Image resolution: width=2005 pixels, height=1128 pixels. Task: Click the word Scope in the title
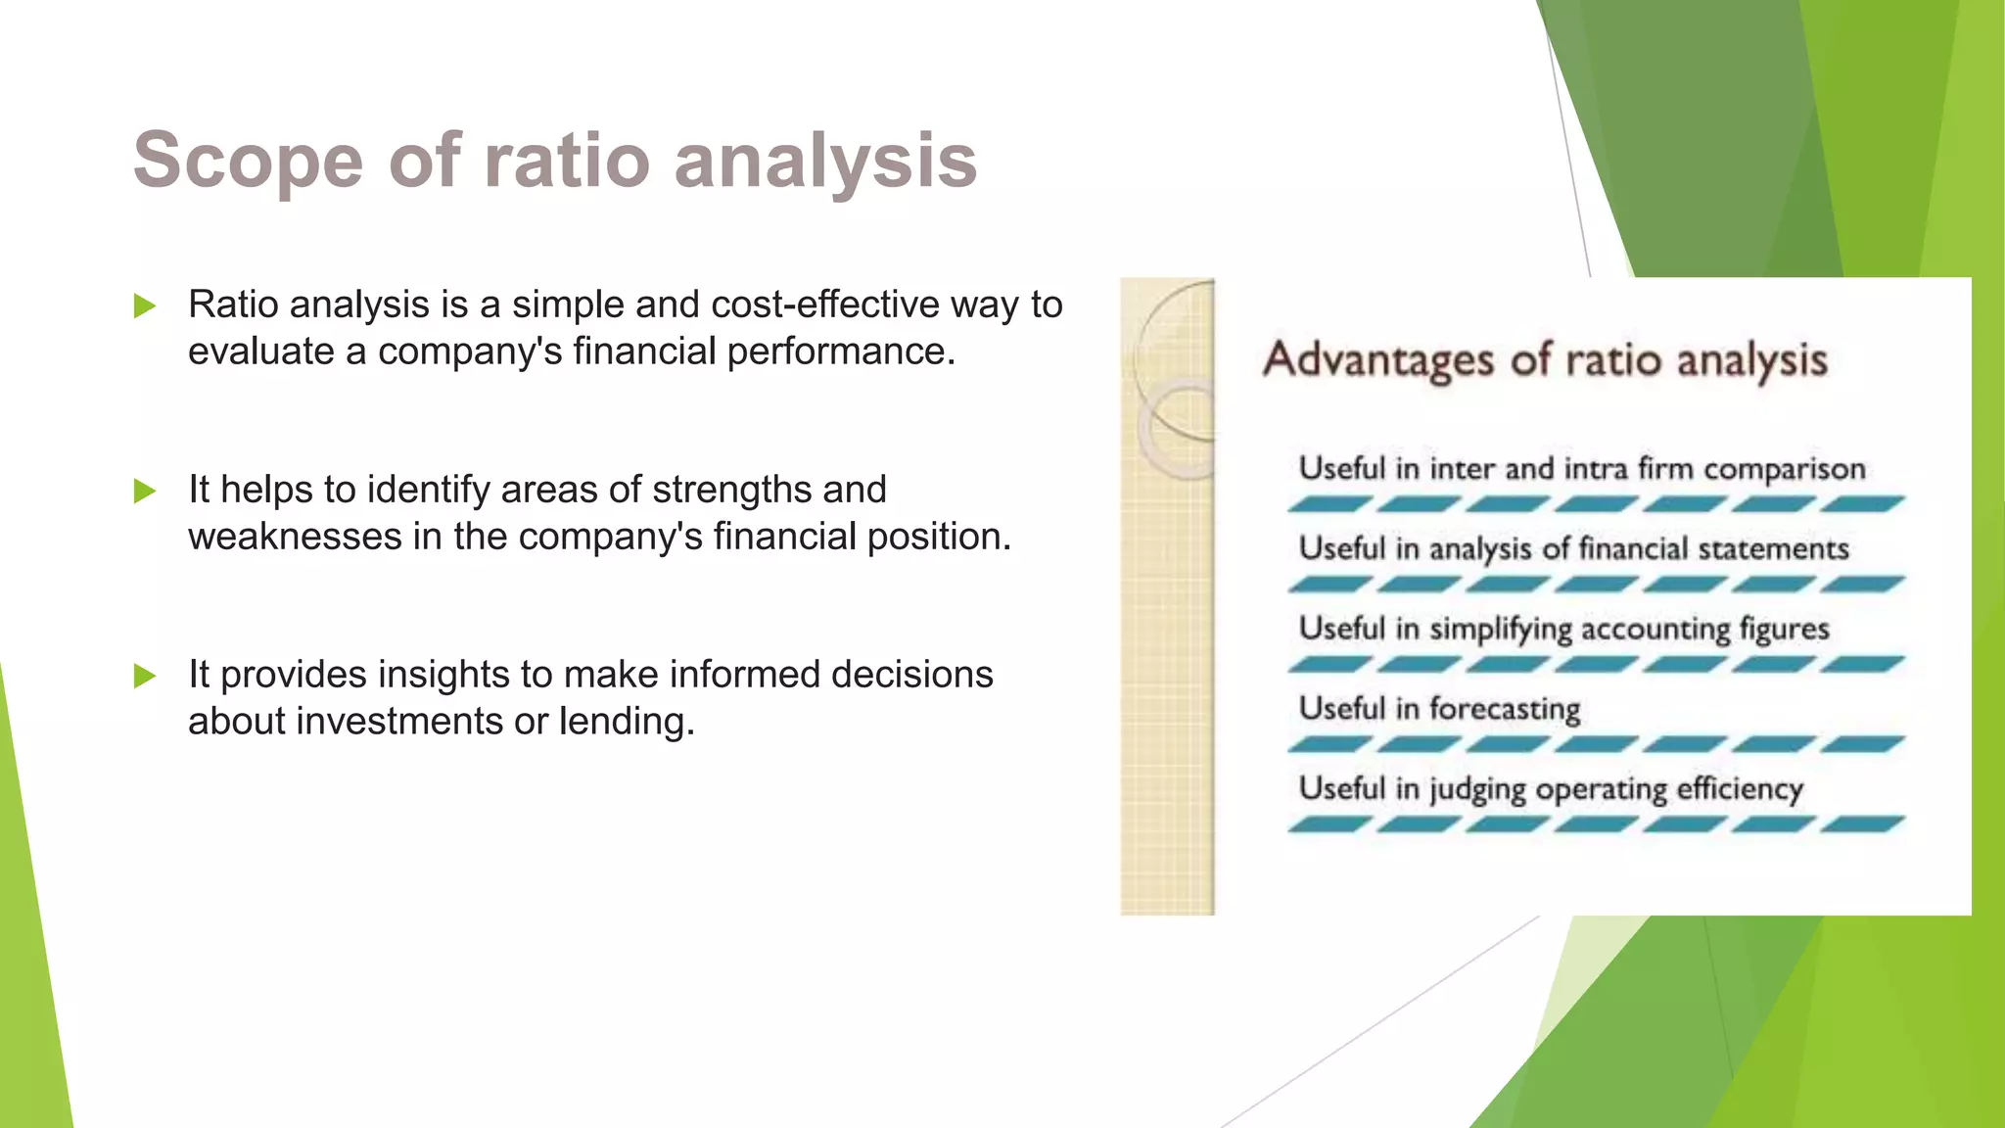tap(248, 162)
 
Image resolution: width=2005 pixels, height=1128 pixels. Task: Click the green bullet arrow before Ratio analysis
tap(145, 306)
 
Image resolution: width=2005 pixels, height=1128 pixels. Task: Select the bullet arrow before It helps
tap(145, 491)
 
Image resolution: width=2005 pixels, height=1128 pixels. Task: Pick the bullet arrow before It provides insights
tap(145, 676)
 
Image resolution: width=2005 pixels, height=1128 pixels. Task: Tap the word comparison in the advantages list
tap(1784, 470)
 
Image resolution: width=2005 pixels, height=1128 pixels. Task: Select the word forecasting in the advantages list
tap(1505, 709)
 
